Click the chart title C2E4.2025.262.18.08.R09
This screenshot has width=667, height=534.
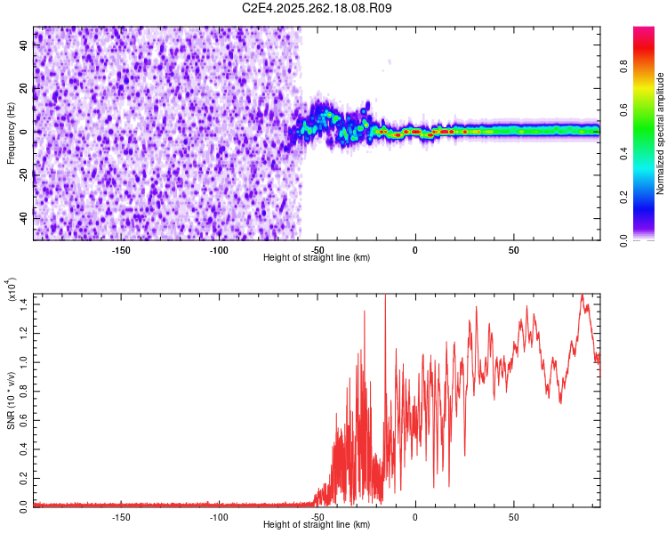click(x=317, y=8)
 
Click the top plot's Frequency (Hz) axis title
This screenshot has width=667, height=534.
click(x=11, y=133)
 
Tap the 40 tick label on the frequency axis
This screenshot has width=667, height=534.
click(x=24, y=46)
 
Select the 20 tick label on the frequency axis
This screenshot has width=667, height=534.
click(x=24, y=89)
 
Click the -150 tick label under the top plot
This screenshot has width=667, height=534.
click(x=121, y=248)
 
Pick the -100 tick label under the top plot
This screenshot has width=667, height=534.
click(x=219, y=248)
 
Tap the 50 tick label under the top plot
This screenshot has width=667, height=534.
click(x=513, y=248)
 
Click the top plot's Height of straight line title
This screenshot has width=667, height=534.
click(x=317, y=257)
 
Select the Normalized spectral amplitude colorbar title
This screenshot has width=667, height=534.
click(x=660, y=133)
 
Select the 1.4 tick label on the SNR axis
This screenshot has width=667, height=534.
click(x=24, y=304)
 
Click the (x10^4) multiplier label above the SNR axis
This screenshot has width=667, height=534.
click(x=12, y=290)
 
